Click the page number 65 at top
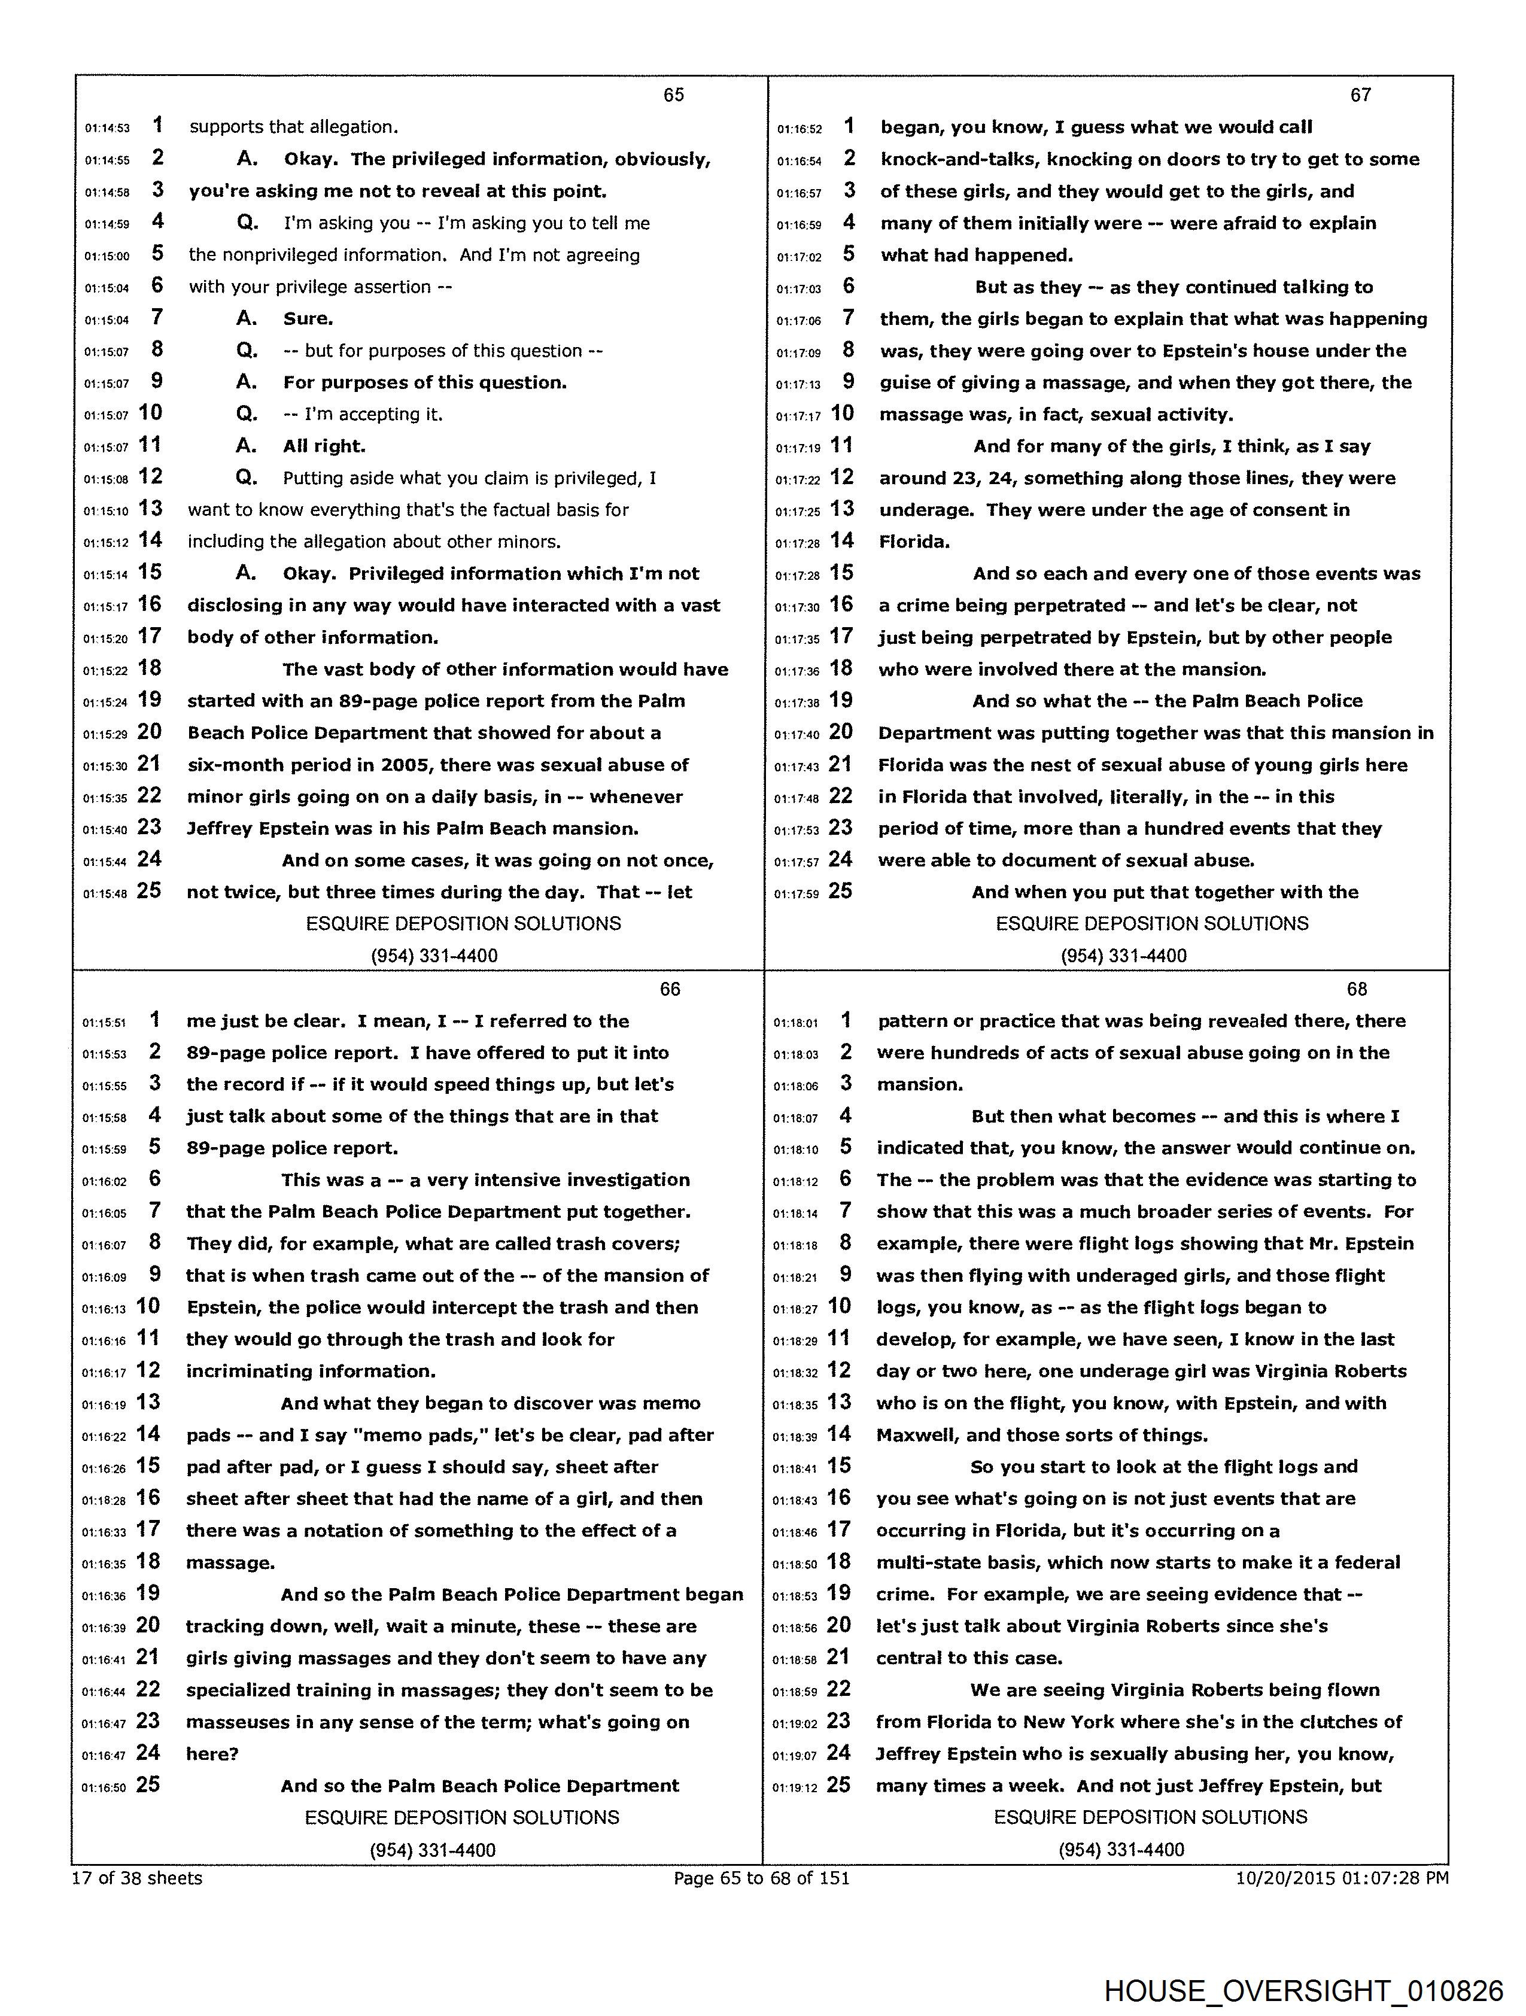click(674, 95)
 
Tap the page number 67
click(1360, 95)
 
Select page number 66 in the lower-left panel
click(670, 989)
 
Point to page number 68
click(1357, 989)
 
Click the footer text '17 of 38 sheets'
click(136, 1877)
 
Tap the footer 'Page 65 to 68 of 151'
click(761, 1877)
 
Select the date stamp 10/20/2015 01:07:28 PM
click(1342, 1877)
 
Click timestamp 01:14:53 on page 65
click(108, 129)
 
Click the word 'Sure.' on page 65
click(308, 319)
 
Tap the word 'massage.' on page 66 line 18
click(230, 1563)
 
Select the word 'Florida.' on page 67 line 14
click(914, 542)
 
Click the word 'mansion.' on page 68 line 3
click(920, 1084)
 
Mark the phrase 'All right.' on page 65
click(324, 446)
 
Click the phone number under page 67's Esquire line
click(1123, 956)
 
